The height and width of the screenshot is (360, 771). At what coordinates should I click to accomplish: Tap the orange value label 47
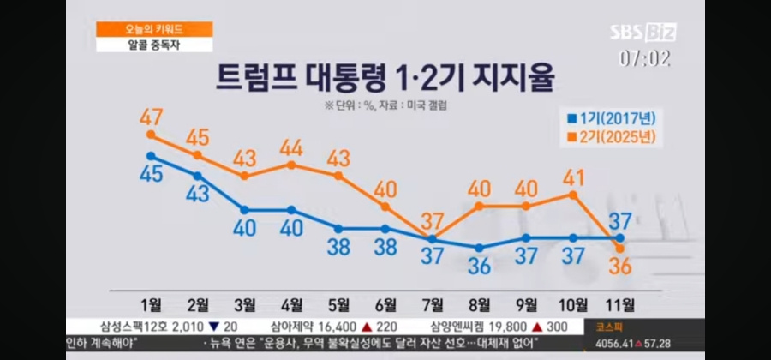point(151,114)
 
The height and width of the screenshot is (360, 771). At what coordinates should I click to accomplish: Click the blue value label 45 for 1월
point(151,174)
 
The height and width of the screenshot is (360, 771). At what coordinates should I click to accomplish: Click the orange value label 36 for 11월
point(619,267)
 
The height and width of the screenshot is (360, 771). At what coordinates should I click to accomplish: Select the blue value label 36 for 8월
point(479,267)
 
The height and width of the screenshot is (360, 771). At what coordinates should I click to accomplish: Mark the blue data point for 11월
point(620,237)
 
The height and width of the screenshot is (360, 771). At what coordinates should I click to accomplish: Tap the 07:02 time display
point(644,58)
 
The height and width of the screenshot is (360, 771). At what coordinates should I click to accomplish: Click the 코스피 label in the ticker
point(601,327)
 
